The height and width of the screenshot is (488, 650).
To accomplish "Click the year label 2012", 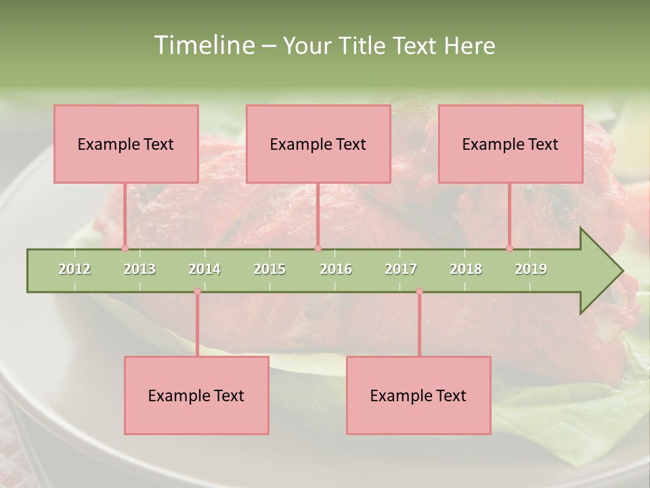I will coord(74,269).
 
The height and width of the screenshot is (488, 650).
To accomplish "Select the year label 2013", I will coord(139,269).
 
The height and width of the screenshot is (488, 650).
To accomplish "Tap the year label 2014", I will coord(204,269).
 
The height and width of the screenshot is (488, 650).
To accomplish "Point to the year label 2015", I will coord(269,269).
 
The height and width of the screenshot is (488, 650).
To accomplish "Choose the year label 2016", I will coord(336,269).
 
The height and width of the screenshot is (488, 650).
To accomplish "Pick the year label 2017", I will coord(401,269).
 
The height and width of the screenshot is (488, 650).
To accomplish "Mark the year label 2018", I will coord(466,269).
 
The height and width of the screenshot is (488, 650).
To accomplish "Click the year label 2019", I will coord(531,269).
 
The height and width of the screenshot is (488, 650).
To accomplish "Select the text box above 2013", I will coord(126,144).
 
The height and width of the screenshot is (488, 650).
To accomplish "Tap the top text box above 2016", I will coord(318,144).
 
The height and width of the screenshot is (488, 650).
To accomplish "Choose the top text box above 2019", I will coord(511,144).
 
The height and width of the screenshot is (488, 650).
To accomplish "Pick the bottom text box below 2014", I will coord(196,395).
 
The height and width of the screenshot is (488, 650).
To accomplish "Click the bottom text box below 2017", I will coord(418,395).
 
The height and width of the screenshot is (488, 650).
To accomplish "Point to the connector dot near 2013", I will coord(125,248).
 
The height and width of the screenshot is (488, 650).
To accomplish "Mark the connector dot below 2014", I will coord(197,291).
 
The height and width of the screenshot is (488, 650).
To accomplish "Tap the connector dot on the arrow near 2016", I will coord(318,248).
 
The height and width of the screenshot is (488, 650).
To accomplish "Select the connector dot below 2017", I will coord(419,291).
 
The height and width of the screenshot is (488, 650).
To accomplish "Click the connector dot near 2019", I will coord(509,248).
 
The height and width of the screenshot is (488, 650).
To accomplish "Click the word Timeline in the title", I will coord(204,45).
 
